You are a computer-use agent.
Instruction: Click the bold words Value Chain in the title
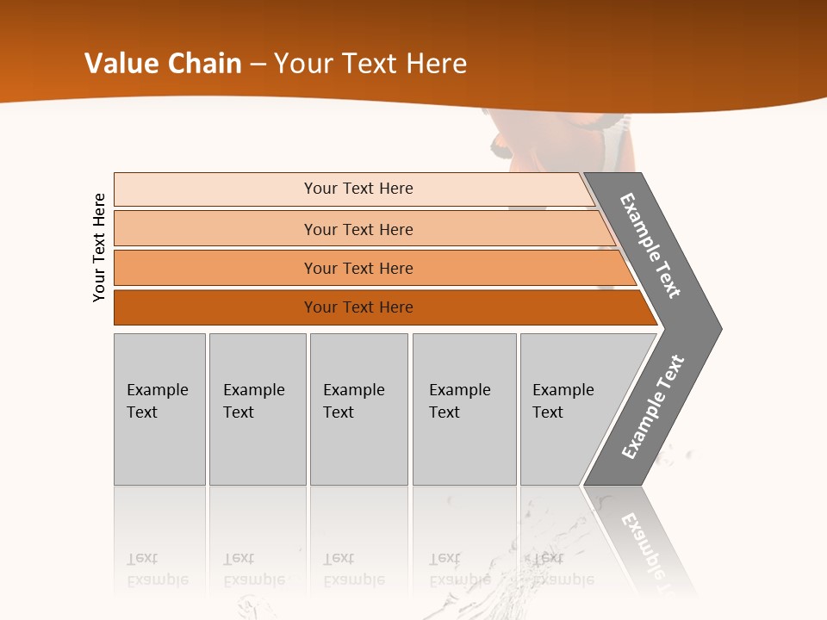[x=163, y=64]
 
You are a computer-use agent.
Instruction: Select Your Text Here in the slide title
[x=370, y=64]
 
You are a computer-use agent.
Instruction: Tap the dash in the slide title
[x=258, y=65]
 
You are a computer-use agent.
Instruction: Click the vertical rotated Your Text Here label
[x=100, y=247]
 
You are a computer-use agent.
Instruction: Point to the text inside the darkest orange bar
[x=358, y=307]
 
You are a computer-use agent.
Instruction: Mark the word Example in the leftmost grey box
[x=157, y=390]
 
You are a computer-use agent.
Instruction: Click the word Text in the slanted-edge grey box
[x=548, y=412]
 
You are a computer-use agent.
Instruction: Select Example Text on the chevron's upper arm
[x=650, y=245]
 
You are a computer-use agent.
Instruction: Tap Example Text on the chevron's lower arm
[x=653, y=407]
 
